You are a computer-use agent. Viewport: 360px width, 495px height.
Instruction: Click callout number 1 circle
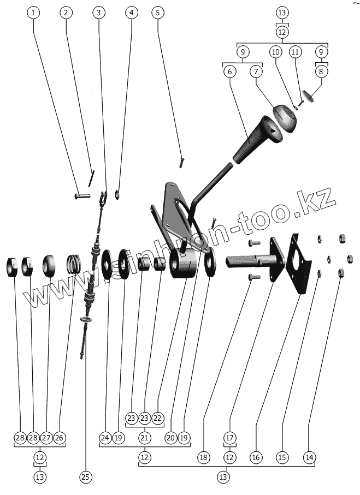(34, 12)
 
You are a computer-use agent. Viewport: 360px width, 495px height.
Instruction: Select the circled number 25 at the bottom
(85, 476)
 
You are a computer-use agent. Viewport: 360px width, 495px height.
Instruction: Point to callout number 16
(256, 456)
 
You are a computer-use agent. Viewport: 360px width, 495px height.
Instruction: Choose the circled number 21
(144, 437)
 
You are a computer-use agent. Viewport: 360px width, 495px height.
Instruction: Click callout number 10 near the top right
(275, 52)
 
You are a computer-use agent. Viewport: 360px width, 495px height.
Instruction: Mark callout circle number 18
(203, 456)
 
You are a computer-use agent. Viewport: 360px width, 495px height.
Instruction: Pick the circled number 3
(98, 12)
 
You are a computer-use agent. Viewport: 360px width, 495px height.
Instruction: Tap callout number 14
(310, 456)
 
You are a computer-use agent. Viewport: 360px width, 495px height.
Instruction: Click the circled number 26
(59, 437)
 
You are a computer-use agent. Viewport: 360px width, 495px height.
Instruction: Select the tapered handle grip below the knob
(251, 143)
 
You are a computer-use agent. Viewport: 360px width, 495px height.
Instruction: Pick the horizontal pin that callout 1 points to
(82, 194)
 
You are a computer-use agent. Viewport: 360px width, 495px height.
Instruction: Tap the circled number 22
(157, 418)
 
